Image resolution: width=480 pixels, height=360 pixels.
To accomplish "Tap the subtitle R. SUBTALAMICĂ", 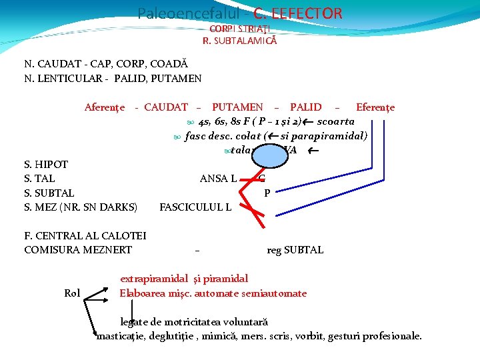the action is click(x=240, y=41).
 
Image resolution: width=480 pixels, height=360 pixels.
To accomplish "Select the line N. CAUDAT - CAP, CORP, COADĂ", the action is click(x=106, y=65).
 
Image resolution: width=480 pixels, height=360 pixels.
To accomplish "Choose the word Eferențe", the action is click(x=375, y=107).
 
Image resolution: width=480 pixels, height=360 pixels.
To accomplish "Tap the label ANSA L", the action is click(x=218, y=178).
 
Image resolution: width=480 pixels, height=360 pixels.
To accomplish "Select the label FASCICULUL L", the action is click(x=195, y=207).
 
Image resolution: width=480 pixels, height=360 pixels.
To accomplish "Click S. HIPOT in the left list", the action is click(x=46, y=164).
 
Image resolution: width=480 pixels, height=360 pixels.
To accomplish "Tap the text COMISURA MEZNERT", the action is click(x=78, y=250).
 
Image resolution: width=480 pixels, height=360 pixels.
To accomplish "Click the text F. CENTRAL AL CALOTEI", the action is click(x=85, y=235).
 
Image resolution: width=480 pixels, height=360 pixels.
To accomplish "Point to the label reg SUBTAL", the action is click(x=295, y=250).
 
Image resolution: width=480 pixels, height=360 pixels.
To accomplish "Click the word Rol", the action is click(x=72, y=293).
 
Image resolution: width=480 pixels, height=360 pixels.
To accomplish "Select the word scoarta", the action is click(x=336, y=121).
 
